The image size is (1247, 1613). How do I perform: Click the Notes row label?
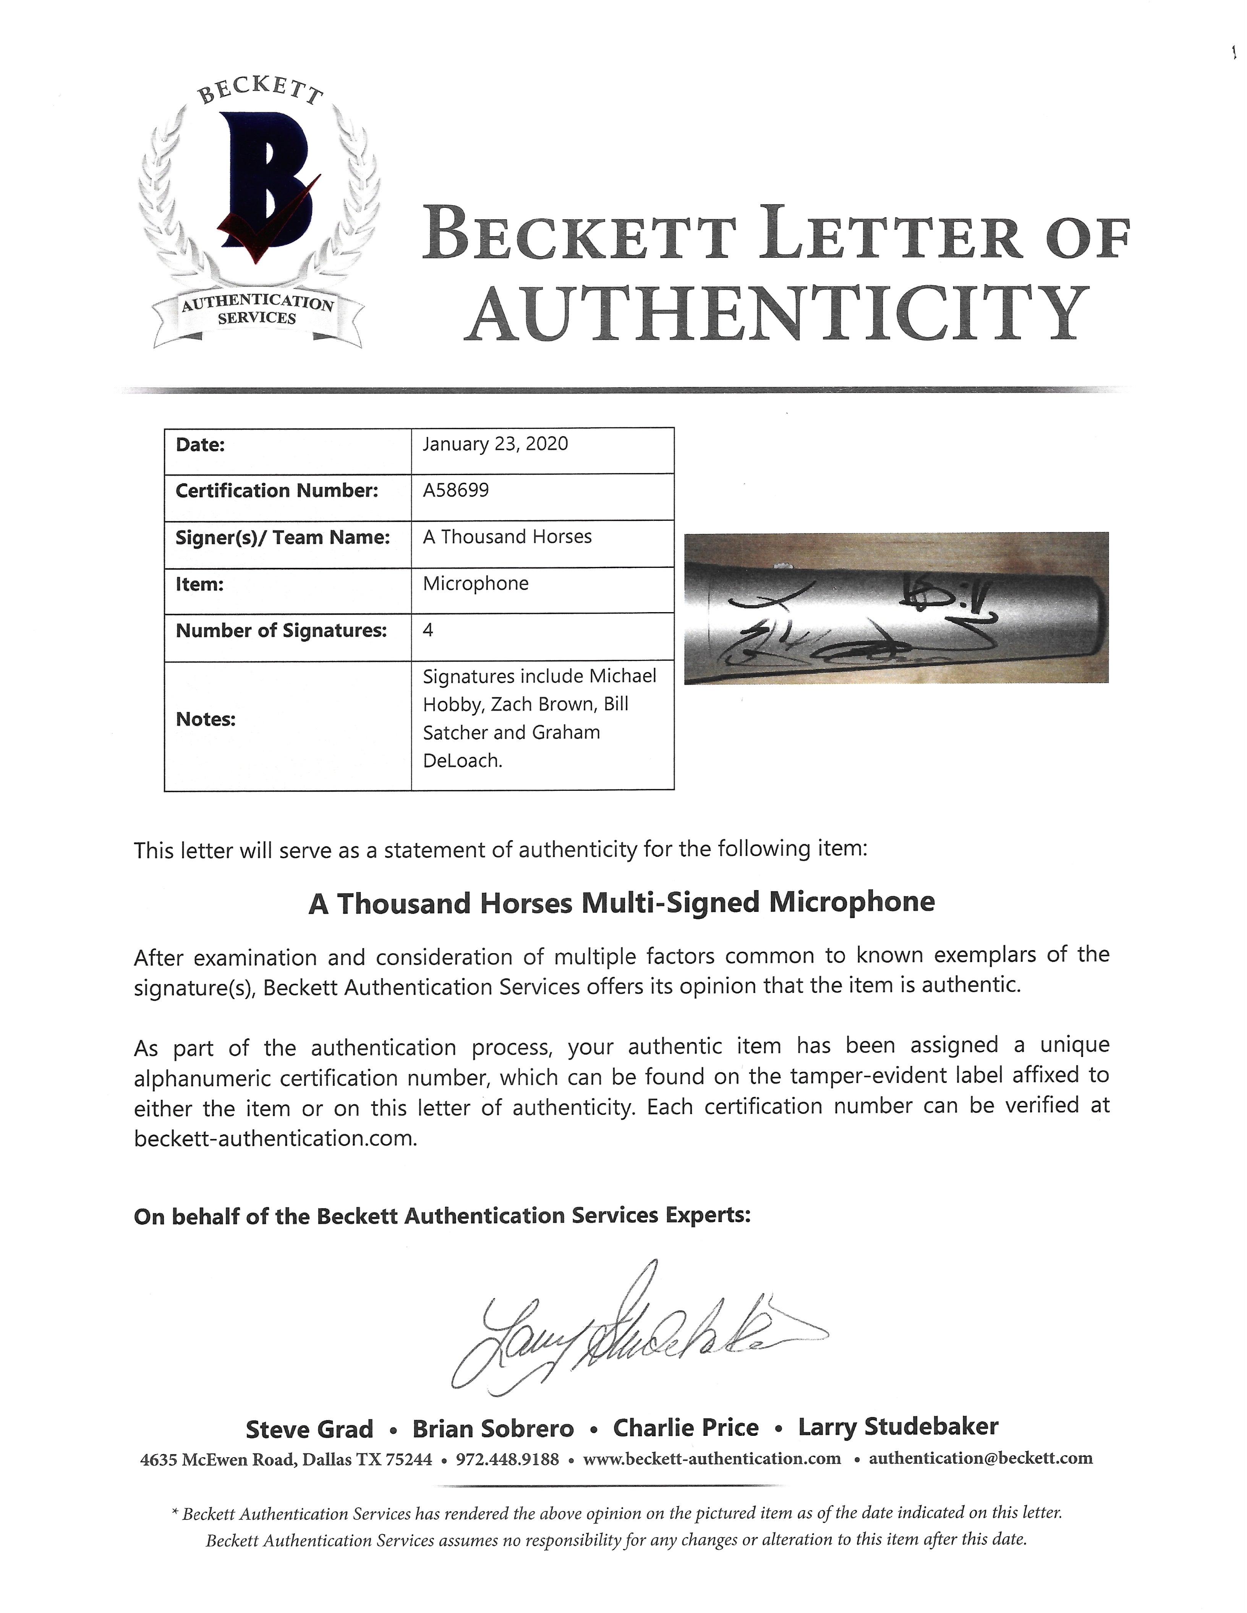click(206, 719)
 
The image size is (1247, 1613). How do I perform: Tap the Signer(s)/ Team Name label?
click(282, 538)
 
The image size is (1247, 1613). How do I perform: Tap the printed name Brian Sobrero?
click(493, 1429)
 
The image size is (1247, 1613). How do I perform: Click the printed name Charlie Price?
click(685, 1428)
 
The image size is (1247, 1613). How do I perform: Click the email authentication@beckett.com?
click(980, 1458)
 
